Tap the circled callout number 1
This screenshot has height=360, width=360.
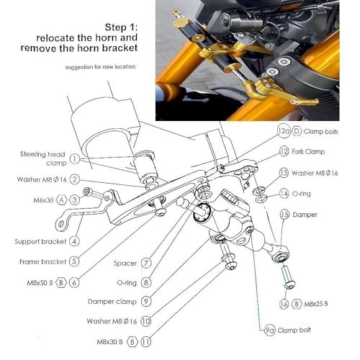click(75, 159)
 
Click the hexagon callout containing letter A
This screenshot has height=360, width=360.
click(63, 199)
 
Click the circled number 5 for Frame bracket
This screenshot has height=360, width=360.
click(75, 261)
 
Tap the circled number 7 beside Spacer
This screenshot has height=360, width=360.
click(145, 263)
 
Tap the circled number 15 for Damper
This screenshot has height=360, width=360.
click(284, 214)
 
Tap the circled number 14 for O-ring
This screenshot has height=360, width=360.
click(284, 193)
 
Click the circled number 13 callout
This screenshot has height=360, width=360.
click(284, 173)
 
